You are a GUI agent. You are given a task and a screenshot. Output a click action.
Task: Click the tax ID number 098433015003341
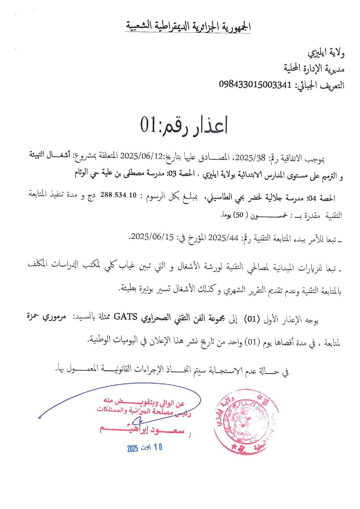[x=255, y=85]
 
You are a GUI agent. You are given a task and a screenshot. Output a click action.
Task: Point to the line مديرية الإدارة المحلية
[x=314, y=69]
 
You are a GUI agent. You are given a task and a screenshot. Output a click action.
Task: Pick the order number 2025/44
[x=224, y=238]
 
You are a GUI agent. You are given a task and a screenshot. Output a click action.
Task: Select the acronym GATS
[x=125, y=317]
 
